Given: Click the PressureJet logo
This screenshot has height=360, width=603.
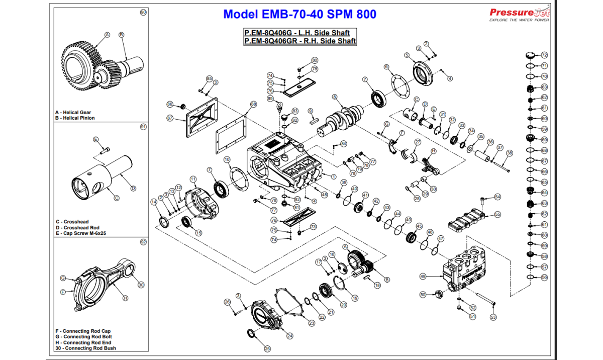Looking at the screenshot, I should (520, 14).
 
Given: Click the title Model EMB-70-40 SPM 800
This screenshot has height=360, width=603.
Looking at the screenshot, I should (299, 14).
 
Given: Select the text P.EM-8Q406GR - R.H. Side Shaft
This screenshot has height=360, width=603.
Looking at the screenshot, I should (299, 41).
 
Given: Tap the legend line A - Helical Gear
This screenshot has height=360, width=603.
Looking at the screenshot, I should (73, 112).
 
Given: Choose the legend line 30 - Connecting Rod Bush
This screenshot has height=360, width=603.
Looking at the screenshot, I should (85, 348).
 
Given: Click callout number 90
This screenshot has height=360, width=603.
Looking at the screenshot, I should (143, 12).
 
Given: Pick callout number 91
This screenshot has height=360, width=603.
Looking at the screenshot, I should (143, 127).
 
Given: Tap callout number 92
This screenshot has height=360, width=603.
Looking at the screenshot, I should (143, 242).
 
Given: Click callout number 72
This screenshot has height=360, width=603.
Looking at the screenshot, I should (544, 55).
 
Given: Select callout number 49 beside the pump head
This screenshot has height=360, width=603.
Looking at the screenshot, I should (423, 276).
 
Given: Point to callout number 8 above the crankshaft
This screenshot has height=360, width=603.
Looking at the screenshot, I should (334, 97).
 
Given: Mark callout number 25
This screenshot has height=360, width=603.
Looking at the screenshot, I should (267, 348).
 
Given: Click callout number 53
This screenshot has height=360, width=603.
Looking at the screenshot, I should (493, 317).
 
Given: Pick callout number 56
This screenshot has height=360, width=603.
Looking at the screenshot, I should (544, 277).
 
